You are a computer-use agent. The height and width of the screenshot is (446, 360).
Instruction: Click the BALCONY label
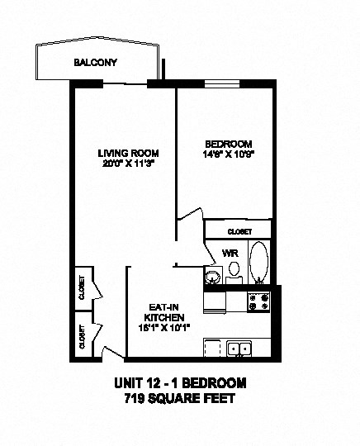(x=95, y=63)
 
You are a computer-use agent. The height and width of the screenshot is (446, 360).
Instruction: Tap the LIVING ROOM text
(x=128, y=153)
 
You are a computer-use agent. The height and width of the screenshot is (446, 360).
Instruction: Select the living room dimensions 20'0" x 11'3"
(x=128, y=164)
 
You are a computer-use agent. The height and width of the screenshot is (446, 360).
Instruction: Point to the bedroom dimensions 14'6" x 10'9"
(x=225, y=154)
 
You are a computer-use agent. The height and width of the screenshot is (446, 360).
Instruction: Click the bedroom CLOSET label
(x=237, y=231)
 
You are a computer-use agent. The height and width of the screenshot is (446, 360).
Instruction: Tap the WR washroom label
(x=230, y=253)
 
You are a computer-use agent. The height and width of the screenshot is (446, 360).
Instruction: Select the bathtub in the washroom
(x=259, y=263)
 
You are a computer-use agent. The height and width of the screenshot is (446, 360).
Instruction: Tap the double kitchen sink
(x=240, y=349)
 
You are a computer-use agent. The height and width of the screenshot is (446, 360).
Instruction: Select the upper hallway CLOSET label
(x=82, y=287)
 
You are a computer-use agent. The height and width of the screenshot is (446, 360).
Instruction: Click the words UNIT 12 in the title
(x=142, y=383)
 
